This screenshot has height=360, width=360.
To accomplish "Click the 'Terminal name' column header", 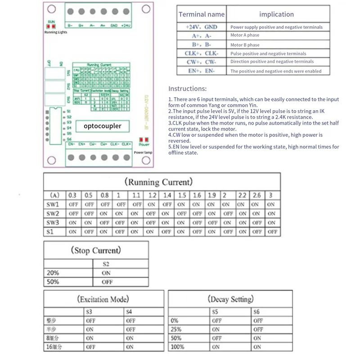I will [201, 14].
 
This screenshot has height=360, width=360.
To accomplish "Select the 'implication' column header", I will [276, 14].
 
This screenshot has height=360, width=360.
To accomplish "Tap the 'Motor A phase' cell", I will [245, 36].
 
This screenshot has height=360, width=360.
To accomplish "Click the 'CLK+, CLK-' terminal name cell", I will [201, 53].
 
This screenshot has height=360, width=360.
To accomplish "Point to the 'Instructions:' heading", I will [187, 89].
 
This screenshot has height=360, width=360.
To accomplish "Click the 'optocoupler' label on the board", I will [103, 126].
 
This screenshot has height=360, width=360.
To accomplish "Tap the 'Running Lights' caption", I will [55, 32].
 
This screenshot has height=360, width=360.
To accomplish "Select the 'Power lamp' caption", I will [143, 153].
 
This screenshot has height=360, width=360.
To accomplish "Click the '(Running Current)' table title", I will [159, 182].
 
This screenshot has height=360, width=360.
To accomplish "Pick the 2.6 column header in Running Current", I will [256, 196].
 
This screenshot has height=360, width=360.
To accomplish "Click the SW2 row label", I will [53, 214].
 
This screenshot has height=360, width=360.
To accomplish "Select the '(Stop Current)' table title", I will [96, 250].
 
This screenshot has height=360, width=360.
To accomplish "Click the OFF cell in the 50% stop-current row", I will [107, 282].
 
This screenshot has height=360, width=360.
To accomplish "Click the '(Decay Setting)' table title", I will [231, 299].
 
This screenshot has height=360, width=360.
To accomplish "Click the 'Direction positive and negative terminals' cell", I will [272, 62].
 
